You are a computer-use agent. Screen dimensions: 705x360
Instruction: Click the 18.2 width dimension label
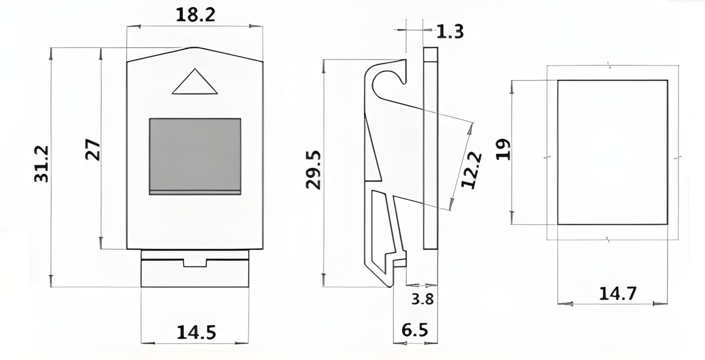pos(195,15)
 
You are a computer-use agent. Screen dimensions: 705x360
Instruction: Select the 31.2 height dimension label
pos(41,164)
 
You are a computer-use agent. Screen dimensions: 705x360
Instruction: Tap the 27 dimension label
pos(93,150)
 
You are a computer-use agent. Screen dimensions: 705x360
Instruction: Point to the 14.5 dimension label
pos(196,333)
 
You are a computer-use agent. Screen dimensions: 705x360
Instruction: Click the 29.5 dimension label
pos(313,170)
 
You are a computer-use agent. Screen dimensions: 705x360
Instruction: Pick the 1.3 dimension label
pos(450,32)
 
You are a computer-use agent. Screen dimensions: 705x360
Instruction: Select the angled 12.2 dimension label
pos(472,170)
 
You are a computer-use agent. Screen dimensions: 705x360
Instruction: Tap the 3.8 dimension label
pos(423,299)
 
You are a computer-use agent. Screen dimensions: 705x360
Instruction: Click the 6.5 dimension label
pos(415,330)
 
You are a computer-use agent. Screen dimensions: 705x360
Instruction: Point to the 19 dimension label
pos(503,149)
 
